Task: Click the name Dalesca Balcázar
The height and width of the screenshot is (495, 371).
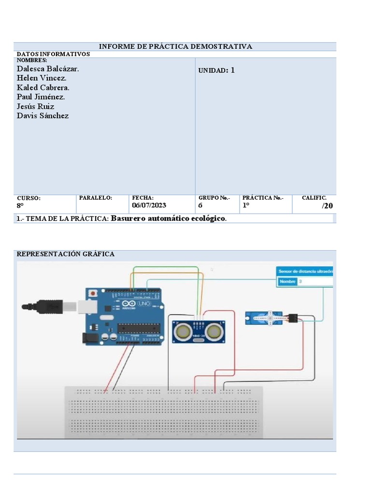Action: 48,69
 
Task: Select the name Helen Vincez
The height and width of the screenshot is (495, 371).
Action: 42,78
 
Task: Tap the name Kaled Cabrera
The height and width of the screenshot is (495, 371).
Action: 43,87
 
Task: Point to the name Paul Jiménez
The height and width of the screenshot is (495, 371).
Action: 41,97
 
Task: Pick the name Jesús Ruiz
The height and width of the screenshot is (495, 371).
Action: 35,106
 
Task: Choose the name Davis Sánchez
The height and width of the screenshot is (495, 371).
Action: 43,116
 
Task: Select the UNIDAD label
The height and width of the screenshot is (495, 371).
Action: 213,71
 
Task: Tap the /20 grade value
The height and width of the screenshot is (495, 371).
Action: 327,206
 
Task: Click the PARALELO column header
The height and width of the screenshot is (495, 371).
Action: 95,198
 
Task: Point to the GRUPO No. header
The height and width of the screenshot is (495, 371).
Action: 214,198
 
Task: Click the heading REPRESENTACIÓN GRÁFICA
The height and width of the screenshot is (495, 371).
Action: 66,254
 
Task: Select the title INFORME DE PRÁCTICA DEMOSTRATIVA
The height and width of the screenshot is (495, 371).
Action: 175,46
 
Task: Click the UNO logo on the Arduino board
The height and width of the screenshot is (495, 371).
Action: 145,303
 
